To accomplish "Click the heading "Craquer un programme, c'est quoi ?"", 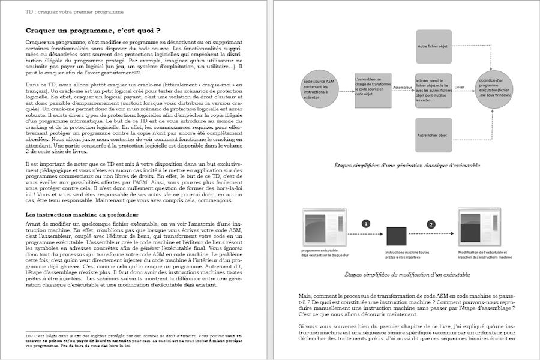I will [x=93, y=31].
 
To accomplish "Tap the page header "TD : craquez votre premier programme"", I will [x=75, y=11].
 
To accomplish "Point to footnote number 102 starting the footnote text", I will [x=29, y=335].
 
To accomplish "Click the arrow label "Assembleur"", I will [x=402, y=87].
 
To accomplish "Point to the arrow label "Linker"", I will [x=460, y=87].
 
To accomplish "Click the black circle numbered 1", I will [x=365, y=224].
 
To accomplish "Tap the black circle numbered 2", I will [x=430, y=224].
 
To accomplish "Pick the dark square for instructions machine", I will [x=397, y=237].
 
